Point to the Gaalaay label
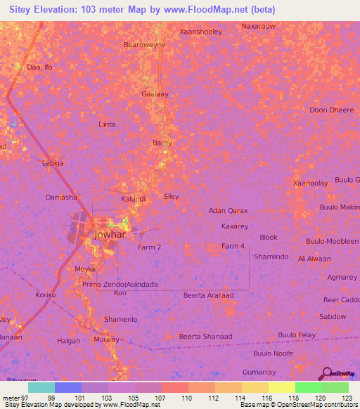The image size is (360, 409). tap(155, 93)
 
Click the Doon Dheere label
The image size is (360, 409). tap(332, 110)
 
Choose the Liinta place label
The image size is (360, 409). tap(106, 124)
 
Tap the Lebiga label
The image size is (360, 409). tap(53, 163)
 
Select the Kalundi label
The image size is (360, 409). tap(134, 199)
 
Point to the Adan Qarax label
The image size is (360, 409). tap(229, 211)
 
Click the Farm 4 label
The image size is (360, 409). tap(233, 246)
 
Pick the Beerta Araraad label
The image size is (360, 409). tap(210, 295)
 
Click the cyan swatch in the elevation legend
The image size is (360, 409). tap(41, 387)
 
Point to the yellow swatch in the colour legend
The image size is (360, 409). tap(281, 387)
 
